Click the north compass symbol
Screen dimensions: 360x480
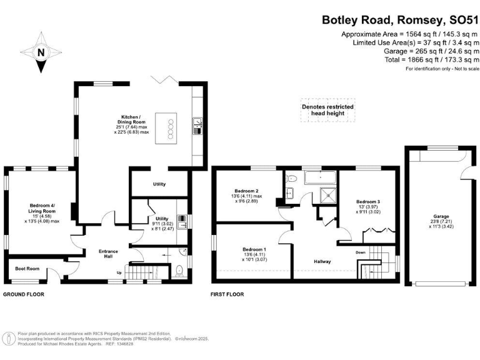click(41, 53)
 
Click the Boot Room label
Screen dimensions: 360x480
click(27, 269)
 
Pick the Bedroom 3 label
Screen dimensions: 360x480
click(367, 206)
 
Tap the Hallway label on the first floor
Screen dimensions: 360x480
click(321, 261)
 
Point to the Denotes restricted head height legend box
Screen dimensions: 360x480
click(327, 111)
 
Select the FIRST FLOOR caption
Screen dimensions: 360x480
click(227, 294)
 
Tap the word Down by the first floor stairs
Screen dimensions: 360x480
click(361, 252)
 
